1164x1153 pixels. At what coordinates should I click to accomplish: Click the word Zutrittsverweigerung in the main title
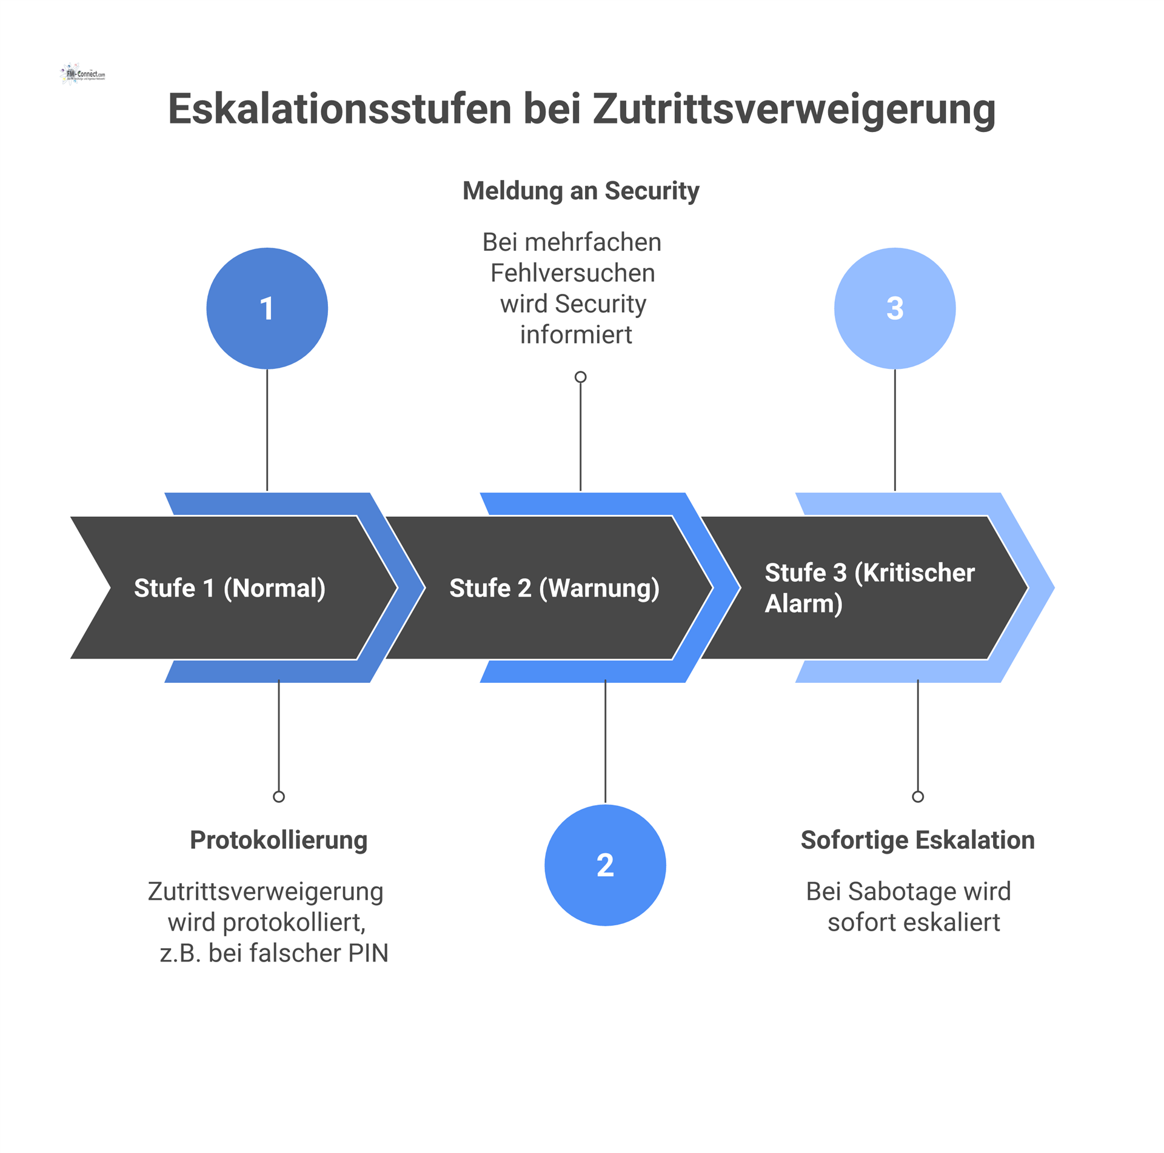(x=794, y=110)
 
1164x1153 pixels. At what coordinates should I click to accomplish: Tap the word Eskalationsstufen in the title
(x=339, y=110)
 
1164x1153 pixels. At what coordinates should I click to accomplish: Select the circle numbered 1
(x=267, y=308)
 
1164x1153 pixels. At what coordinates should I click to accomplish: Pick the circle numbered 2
(x=605, y=865)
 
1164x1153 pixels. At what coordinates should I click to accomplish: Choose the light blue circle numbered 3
(x=895, y=308)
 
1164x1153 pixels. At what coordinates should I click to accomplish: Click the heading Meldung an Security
(x=581, y=191)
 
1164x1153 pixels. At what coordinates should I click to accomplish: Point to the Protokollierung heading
(x=279, y=840)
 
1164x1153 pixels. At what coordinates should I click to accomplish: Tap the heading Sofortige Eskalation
(x=917, y=840)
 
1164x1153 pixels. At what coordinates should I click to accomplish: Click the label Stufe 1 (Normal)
(x=230, y=588)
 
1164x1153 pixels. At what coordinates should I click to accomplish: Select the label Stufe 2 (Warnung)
(x=554, y=588)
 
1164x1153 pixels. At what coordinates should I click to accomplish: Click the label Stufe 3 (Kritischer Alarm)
(x=869, y=588)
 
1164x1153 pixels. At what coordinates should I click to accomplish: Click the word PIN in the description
(x=368, y=953)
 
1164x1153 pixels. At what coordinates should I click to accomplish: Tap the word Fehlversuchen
(x=572, y=273)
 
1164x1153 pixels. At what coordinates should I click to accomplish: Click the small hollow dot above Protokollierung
(x=279, y=797)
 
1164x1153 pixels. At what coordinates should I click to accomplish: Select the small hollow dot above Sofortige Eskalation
(x=918, y=797)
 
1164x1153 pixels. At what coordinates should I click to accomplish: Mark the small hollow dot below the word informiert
(x=581, y=377)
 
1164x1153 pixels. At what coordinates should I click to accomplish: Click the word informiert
(x=576, y=335)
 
